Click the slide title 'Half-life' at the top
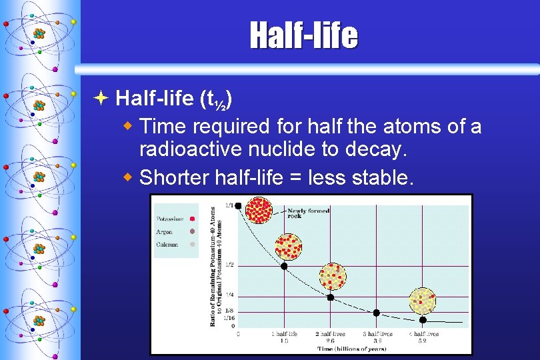coord(303,35)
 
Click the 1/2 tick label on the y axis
coord(229,265)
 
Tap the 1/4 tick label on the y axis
coord(229,295)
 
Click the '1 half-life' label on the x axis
coord(283,333)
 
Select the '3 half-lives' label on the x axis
coord(377,333)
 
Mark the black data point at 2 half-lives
coord(330,297)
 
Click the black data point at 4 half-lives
coord(423,320)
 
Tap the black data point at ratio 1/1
coord(238,205)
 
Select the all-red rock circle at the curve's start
coord(259,210)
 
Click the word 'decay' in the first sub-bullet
coord(379,150)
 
